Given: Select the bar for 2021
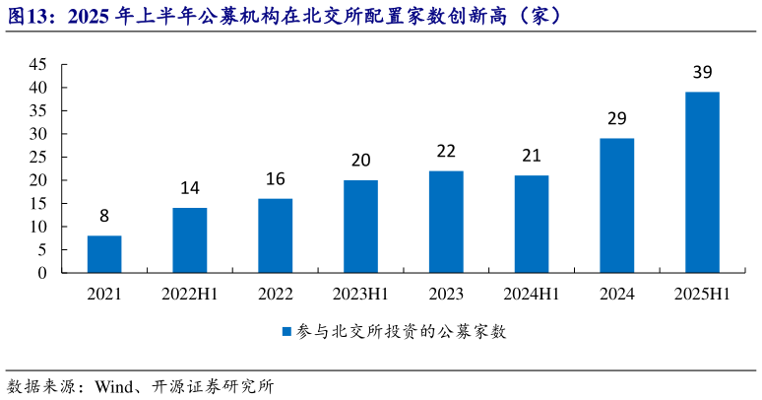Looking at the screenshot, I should [103, 254].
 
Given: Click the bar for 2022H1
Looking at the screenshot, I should [189, 240].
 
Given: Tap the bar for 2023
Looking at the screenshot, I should [445, 222].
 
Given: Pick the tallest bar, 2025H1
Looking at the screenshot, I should [702, 182].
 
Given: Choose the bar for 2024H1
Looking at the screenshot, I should [531, 224].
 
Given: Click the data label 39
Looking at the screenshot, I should [702, 73].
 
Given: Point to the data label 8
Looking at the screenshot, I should [103, 217].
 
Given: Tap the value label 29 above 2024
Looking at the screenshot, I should [616, 119].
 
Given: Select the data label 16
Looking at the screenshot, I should [275, 179].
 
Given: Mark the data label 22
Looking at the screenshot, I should [445, 152].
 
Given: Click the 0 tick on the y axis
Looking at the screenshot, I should [42, 273].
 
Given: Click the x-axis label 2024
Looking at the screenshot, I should [616, 294].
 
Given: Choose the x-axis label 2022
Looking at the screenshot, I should [275, 294].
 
